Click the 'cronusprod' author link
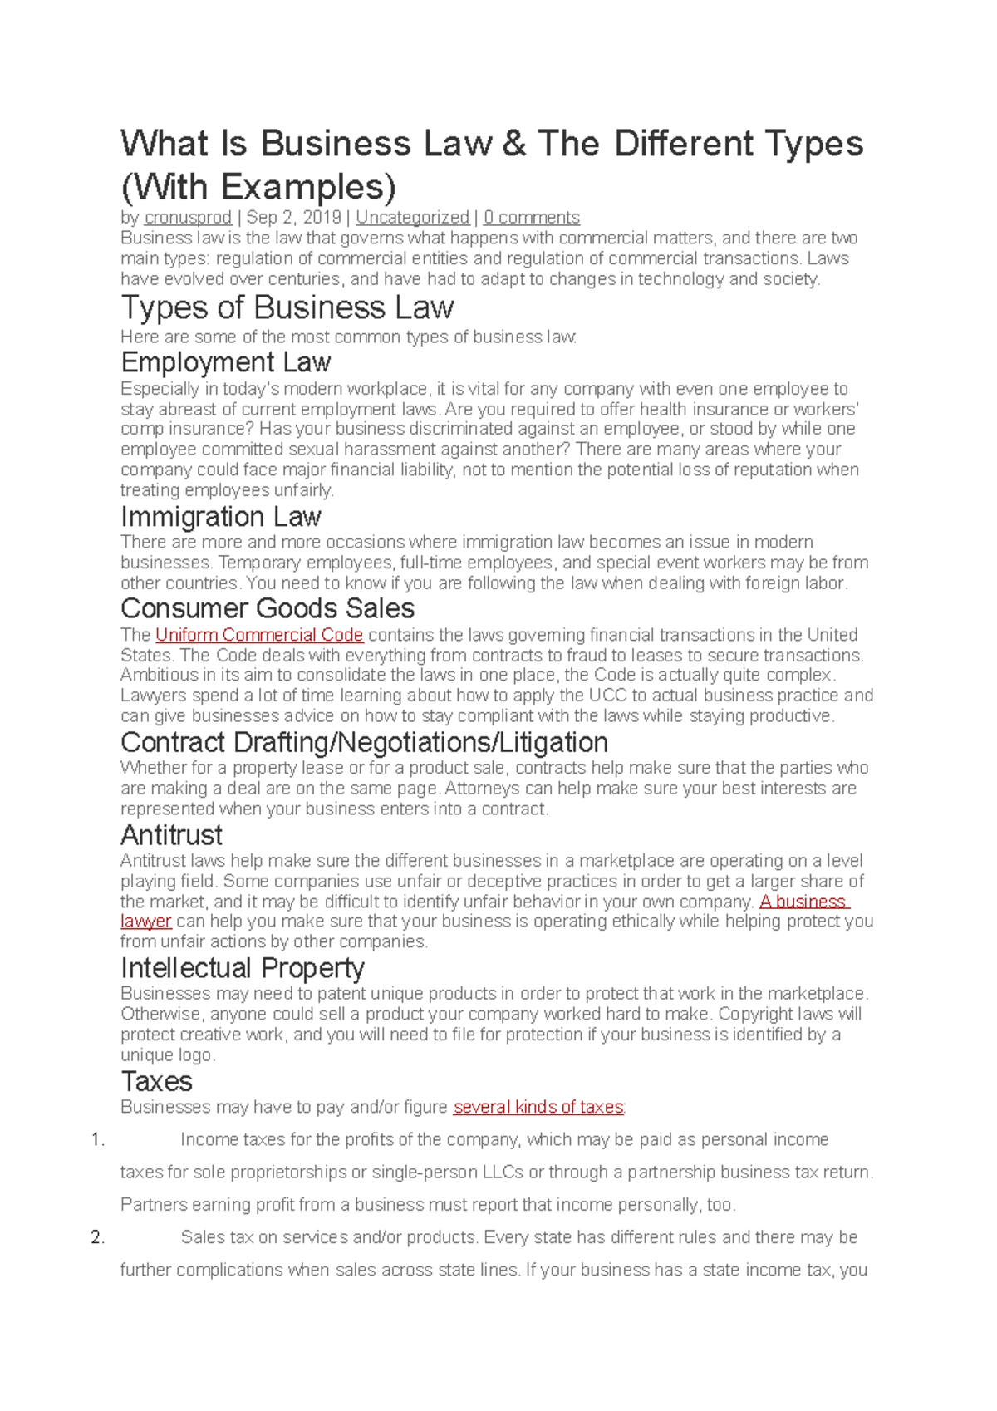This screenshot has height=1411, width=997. coord(188,218)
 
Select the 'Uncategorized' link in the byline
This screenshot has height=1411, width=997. coord(412,218)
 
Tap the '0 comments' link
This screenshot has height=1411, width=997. coord(532,218)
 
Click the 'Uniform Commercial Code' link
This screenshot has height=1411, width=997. coord(259,635)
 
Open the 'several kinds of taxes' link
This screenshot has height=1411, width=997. coord(538,1107)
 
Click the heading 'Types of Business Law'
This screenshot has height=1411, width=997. coord(287,308)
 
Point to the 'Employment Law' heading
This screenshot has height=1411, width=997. coord(226,362)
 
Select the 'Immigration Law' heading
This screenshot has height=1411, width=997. coord(221,517)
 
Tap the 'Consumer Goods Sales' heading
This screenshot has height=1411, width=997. coord(268,608)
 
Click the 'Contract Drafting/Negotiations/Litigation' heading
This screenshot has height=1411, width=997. coord(365,742)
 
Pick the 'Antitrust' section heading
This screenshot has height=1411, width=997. coord(172,835)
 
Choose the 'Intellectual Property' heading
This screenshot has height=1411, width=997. coord(243,968)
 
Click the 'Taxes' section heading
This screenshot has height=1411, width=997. coord(157,1082)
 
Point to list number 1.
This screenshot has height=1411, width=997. coord(98,1140)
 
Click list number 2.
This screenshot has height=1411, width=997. coord(98,1237)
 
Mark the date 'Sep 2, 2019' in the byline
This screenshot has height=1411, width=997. coord(294,218)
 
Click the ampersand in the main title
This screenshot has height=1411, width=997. coord(514,144)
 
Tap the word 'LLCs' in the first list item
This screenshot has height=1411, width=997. coord(502,1173)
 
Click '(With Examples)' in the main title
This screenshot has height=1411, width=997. coord(258,187)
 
